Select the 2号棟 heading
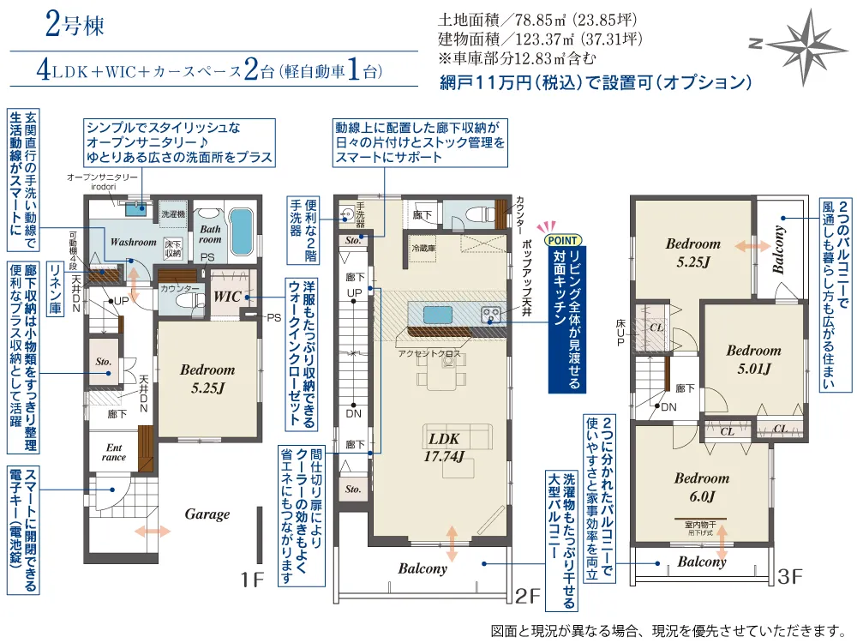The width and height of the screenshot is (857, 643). pyautogui.click(x=75, y=26)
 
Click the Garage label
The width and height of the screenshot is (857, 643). pyautogui.click(x=207, y=514)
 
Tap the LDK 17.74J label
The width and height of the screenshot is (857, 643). pyautogui.click(x=443, y=446)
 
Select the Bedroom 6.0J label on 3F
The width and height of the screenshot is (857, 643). pyautogui.click(x=701, y=487)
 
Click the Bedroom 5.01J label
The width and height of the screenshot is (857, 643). pyautogui.click(x=753, y=359)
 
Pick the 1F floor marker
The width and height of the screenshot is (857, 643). pyautogui.click(x=250, y=580)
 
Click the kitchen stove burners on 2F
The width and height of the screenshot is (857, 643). pyautogui.click(x=492, y=314)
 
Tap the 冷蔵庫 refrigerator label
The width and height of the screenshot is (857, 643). pyautogui.click(x=424, y=247)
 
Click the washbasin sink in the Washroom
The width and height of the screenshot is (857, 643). pyautogui.click(x=136, y=208)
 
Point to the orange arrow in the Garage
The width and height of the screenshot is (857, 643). pyautogui.click(x=152, y=532)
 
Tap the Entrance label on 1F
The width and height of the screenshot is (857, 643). pyautogui.click(x=114, y=452)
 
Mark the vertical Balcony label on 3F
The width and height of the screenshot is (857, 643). pyautogui.click(x=779, y=249)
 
